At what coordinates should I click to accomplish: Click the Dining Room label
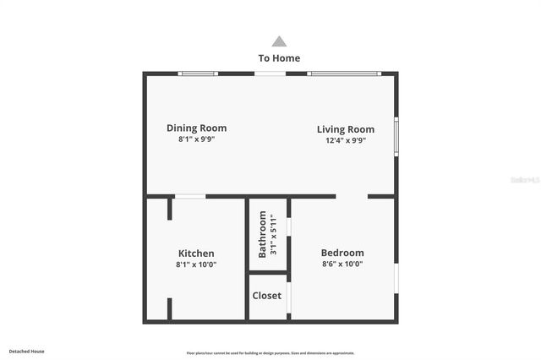[x=196, y=128]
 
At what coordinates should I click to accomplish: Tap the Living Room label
[x=346, y=129]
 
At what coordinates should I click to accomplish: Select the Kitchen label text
[x=196, y=254]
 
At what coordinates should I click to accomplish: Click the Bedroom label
[x=342, y=253]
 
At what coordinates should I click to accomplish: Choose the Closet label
[x=267, y=296]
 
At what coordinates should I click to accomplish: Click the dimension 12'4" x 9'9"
[x=346, y=140]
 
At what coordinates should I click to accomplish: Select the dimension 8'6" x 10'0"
[x=342, y=264]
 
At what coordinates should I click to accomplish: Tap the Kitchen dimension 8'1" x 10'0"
[x=196, y=265]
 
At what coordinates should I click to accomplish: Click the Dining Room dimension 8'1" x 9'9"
[x=196, y=139]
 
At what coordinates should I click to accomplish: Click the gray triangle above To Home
[x=279, y=41]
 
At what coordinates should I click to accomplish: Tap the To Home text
[x=279, y=58]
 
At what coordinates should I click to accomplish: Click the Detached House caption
[x=27, y=351]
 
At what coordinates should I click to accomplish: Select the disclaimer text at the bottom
[x=270, y=353]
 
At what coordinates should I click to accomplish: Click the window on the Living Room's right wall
[x=396, y=136]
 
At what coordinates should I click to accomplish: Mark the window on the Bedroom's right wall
[x=396, y=279]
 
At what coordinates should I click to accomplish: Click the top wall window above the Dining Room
[x=198, y=74]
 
